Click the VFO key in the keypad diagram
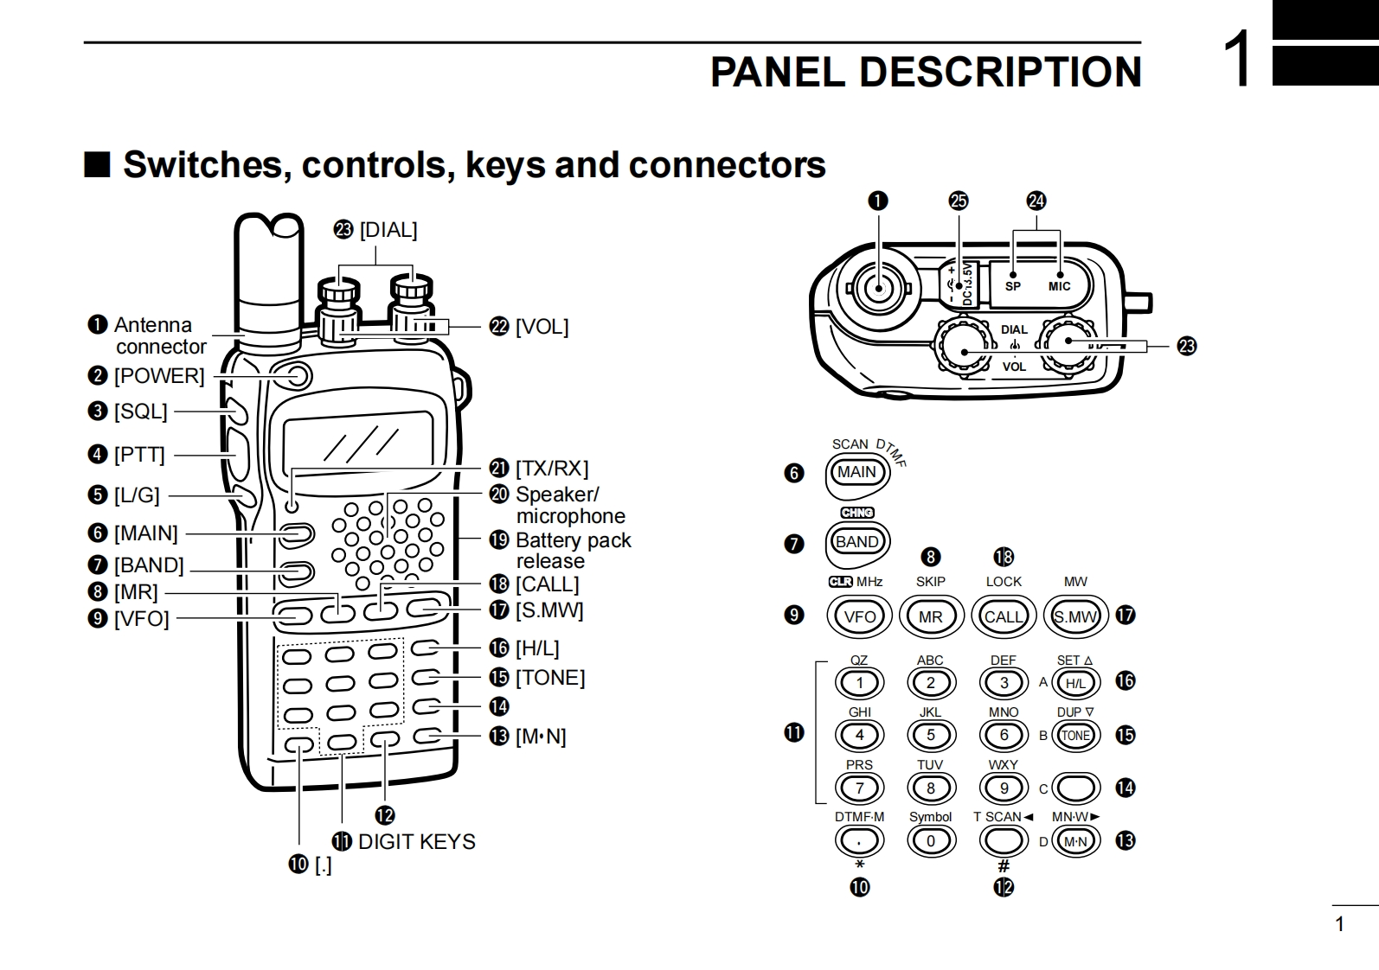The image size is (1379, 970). [x=859, y=616]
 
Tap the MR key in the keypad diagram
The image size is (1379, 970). [x=931, y=616]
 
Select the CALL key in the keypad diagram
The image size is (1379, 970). [x=1004, y=616]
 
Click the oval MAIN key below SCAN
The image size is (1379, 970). [x=857, y=472]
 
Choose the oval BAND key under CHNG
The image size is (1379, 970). [x=857, y=542]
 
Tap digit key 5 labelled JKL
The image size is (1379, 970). [x=931, y=735]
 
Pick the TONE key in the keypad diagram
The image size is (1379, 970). [x=1075, y=735]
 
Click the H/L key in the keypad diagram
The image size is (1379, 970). [x=1075, y=683]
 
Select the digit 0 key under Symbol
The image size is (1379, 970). [x=931, y=841]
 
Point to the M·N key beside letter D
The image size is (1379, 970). [x=1075, y=841]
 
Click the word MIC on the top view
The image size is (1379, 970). [x=1060, y=286]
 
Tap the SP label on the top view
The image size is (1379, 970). [x=1013, y=286]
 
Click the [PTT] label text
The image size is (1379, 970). [x=139, y=455]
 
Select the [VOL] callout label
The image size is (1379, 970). [x=542, y=327]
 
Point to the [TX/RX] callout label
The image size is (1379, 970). [x=552, y=468]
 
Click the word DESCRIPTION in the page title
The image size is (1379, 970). [x=1000, y=72]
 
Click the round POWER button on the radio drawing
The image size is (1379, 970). [x=298, y=376]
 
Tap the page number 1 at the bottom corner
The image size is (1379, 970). [x=1339, y=924]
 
